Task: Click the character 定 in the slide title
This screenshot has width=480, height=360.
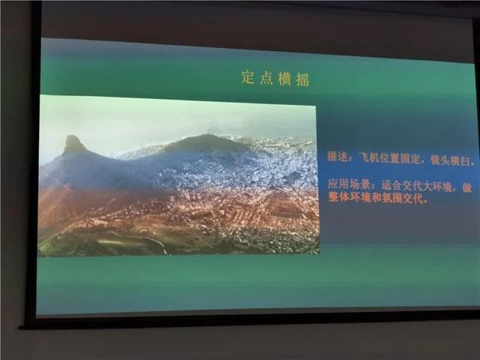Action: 248,77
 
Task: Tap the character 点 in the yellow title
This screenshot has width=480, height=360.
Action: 266,78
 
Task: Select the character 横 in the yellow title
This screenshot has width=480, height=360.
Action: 284,79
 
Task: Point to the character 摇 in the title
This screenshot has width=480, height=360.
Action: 302,79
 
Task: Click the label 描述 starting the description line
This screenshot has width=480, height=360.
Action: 337,157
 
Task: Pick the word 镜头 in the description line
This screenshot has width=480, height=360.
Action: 440,160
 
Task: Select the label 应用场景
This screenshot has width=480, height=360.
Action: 348,184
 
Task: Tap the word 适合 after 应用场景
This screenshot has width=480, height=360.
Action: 391,185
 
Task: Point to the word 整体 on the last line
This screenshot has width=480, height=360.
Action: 338,196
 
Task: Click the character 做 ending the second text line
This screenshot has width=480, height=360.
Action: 466,187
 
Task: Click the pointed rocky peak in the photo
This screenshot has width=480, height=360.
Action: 73,141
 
